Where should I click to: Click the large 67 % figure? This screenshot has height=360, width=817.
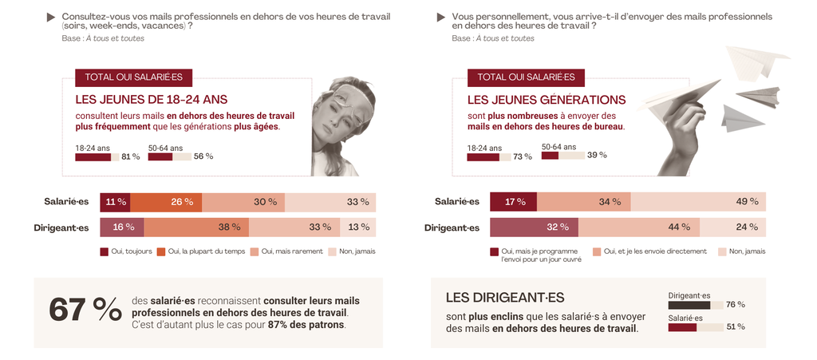pos(85,311)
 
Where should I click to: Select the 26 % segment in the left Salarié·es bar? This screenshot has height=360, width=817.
pos(166,202)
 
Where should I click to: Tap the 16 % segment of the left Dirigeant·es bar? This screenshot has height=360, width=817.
pos(121,227)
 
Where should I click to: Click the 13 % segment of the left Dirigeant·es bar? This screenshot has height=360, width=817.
pos(357,227)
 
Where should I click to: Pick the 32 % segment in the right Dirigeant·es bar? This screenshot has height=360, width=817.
pos(534,227)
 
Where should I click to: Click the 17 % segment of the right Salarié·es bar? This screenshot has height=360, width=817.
pos(509,202)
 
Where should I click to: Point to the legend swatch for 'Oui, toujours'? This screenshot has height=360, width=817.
pos(104,252)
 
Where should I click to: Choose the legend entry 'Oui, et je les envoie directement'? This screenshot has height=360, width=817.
pos(654,251)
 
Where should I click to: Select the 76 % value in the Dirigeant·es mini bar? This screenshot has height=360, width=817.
pos(735,305)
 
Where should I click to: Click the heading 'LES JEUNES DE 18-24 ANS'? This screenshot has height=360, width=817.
pos(151,100)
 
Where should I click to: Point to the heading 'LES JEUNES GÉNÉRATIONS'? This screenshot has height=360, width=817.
pos(546,100)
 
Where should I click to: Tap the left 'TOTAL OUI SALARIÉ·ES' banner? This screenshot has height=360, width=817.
pos(133,77)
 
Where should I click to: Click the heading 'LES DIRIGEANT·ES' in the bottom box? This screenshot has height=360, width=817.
pos(505,298)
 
